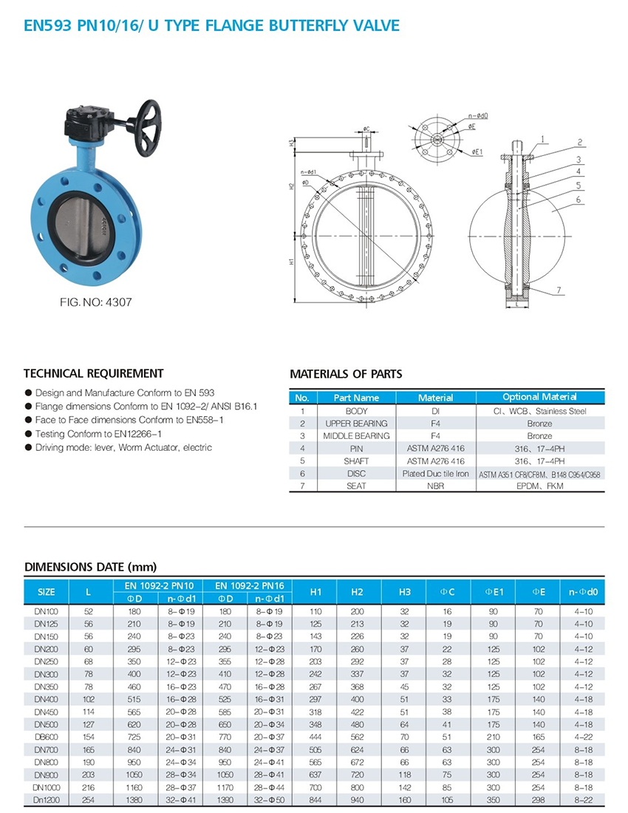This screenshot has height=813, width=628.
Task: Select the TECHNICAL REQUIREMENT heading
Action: [94, 373]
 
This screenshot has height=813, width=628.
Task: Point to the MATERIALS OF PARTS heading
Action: [346, 374]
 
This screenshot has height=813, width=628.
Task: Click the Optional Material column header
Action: [539, 398]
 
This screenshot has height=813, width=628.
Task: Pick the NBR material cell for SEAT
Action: [435, 486]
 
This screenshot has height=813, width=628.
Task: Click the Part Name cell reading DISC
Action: [356, 474]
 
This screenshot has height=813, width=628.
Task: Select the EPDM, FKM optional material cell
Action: [539, 486]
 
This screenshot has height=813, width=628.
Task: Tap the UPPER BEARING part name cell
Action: [356, 423]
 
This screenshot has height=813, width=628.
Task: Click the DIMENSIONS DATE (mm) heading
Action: [91, 568]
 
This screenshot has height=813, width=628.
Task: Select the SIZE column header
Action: [47, 592]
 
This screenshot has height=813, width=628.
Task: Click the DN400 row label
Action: [47, 698]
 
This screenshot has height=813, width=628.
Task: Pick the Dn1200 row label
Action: [47, 800]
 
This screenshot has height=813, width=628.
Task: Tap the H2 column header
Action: [358, 592]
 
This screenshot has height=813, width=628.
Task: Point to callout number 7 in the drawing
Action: [560, 289]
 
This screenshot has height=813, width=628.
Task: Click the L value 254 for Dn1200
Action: [89, 800]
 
